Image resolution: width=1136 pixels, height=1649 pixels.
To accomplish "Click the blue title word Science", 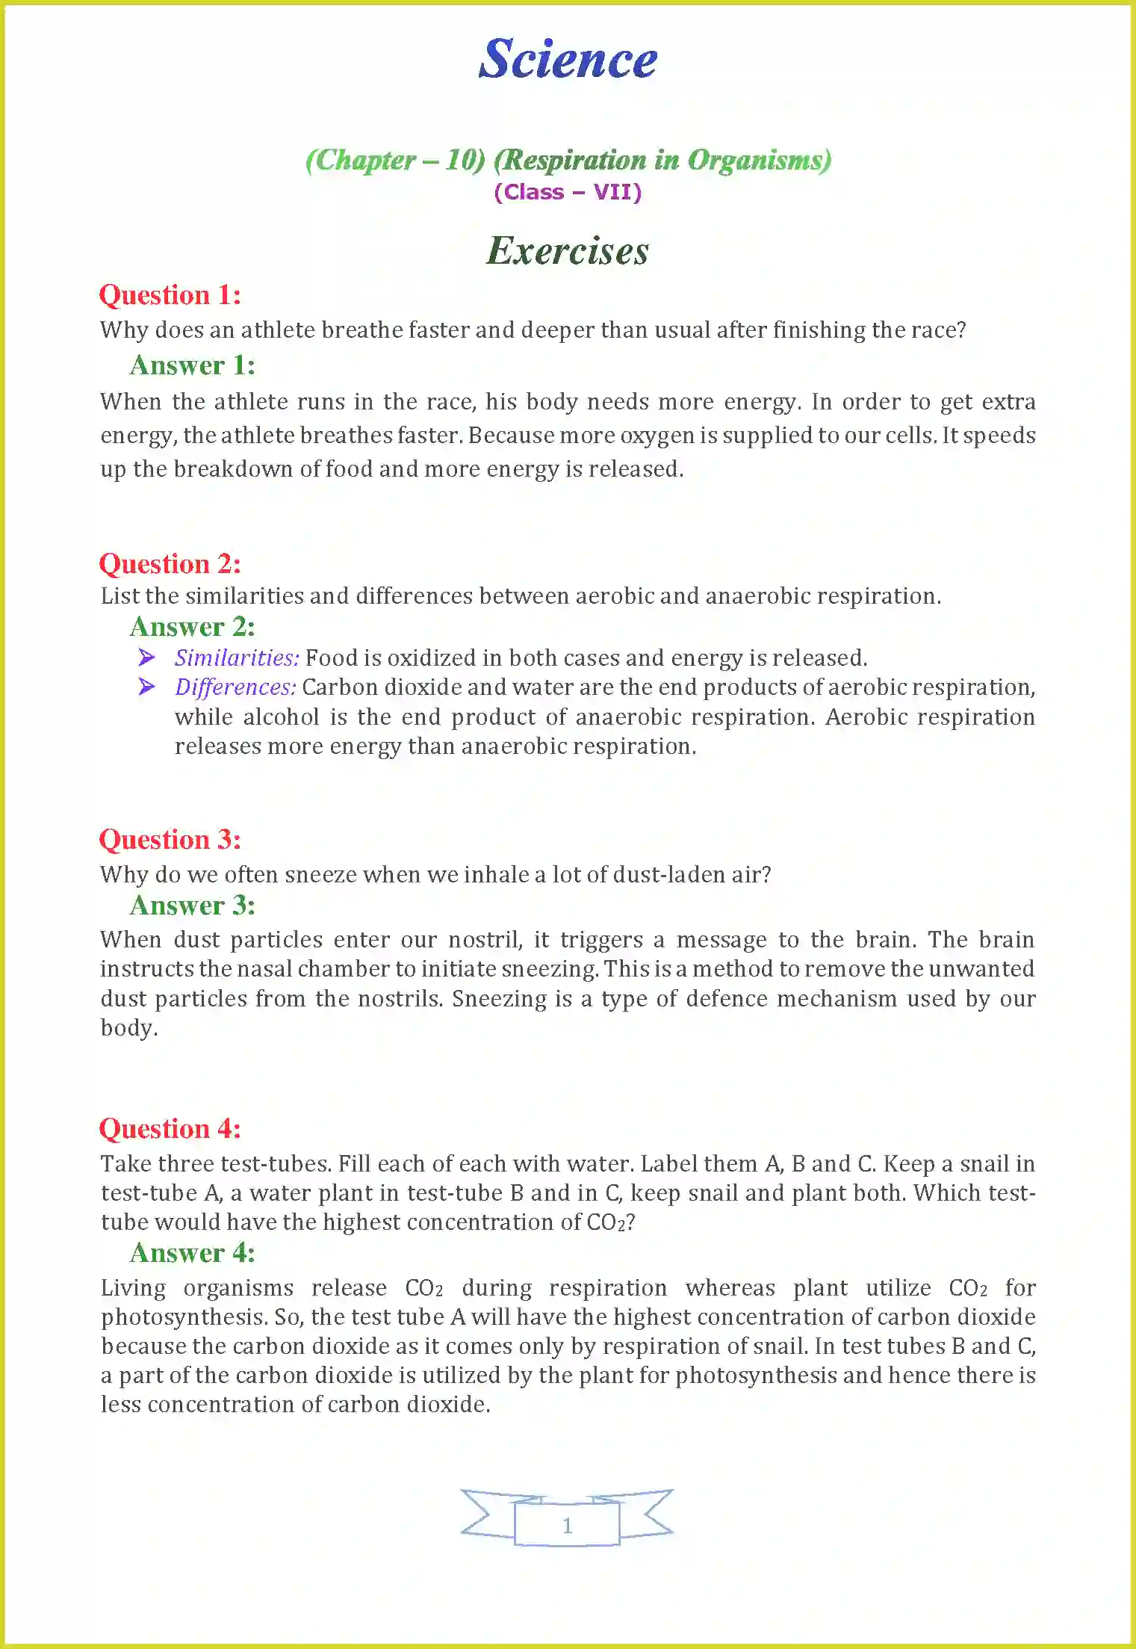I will (x=568, y=59).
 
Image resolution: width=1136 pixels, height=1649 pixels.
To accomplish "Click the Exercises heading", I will (x=568, y=250).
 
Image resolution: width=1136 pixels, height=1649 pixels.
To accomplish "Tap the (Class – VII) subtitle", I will (x=568, y=192).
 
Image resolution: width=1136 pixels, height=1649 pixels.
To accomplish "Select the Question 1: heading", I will (x=170, y=295).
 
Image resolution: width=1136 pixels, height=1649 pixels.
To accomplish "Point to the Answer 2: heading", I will (x=193, y=627).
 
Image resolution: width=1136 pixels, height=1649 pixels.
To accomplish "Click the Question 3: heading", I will (x=170, y=840).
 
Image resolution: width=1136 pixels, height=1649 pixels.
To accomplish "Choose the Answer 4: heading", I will (x=193, y=1253).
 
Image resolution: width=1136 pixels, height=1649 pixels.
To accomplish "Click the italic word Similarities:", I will (x=237, y=658).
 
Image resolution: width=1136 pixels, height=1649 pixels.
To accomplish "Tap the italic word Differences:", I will (x=235, y=687).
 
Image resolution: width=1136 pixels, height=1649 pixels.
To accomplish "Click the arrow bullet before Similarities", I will (x=147, y=658).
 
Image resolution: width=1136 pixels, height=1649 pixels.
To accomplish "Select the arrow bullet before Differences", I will (x=147, y=687).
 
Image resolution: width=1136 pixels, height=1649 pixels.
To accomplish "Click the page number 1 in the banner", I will (x=568, y=1525).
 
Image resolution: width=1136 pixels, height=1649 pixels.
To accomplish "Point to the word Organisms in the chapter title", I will (x=759, y=160).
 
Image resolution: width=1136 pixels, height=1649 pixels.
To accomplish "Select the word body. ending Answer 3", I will (x=129, y=1029).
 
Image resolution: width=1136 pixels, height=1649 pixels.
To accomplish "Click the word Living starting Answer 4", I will (x=133, y=1288).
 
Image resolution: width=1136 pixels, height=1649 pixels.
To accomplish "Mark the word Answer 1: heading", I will (x=193, y=365).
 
